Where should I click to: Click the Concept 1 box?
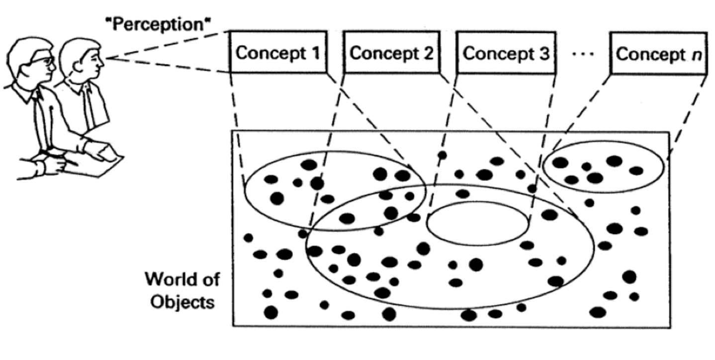(x=277, y=53)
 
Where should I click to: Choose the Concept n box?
(x=658, y=54)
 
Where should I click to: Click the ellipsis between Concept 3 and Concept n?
(x=580, y=54)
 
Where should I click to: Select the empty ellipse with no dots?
(x=478, y=223)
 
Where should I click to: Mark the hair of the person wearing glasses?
(x=25, y=47)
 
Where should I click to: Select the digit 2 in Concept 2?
(x=428, y=53)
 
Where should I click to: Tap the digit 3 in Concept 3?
(x=543, y=53)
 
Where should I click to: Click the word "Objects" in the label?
(x=181, y=301)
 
